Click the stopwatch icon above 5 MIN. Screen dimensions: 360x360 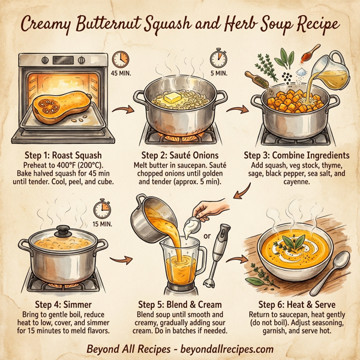218,59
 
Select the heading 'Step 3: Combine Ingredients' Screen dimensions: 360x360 295,154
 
